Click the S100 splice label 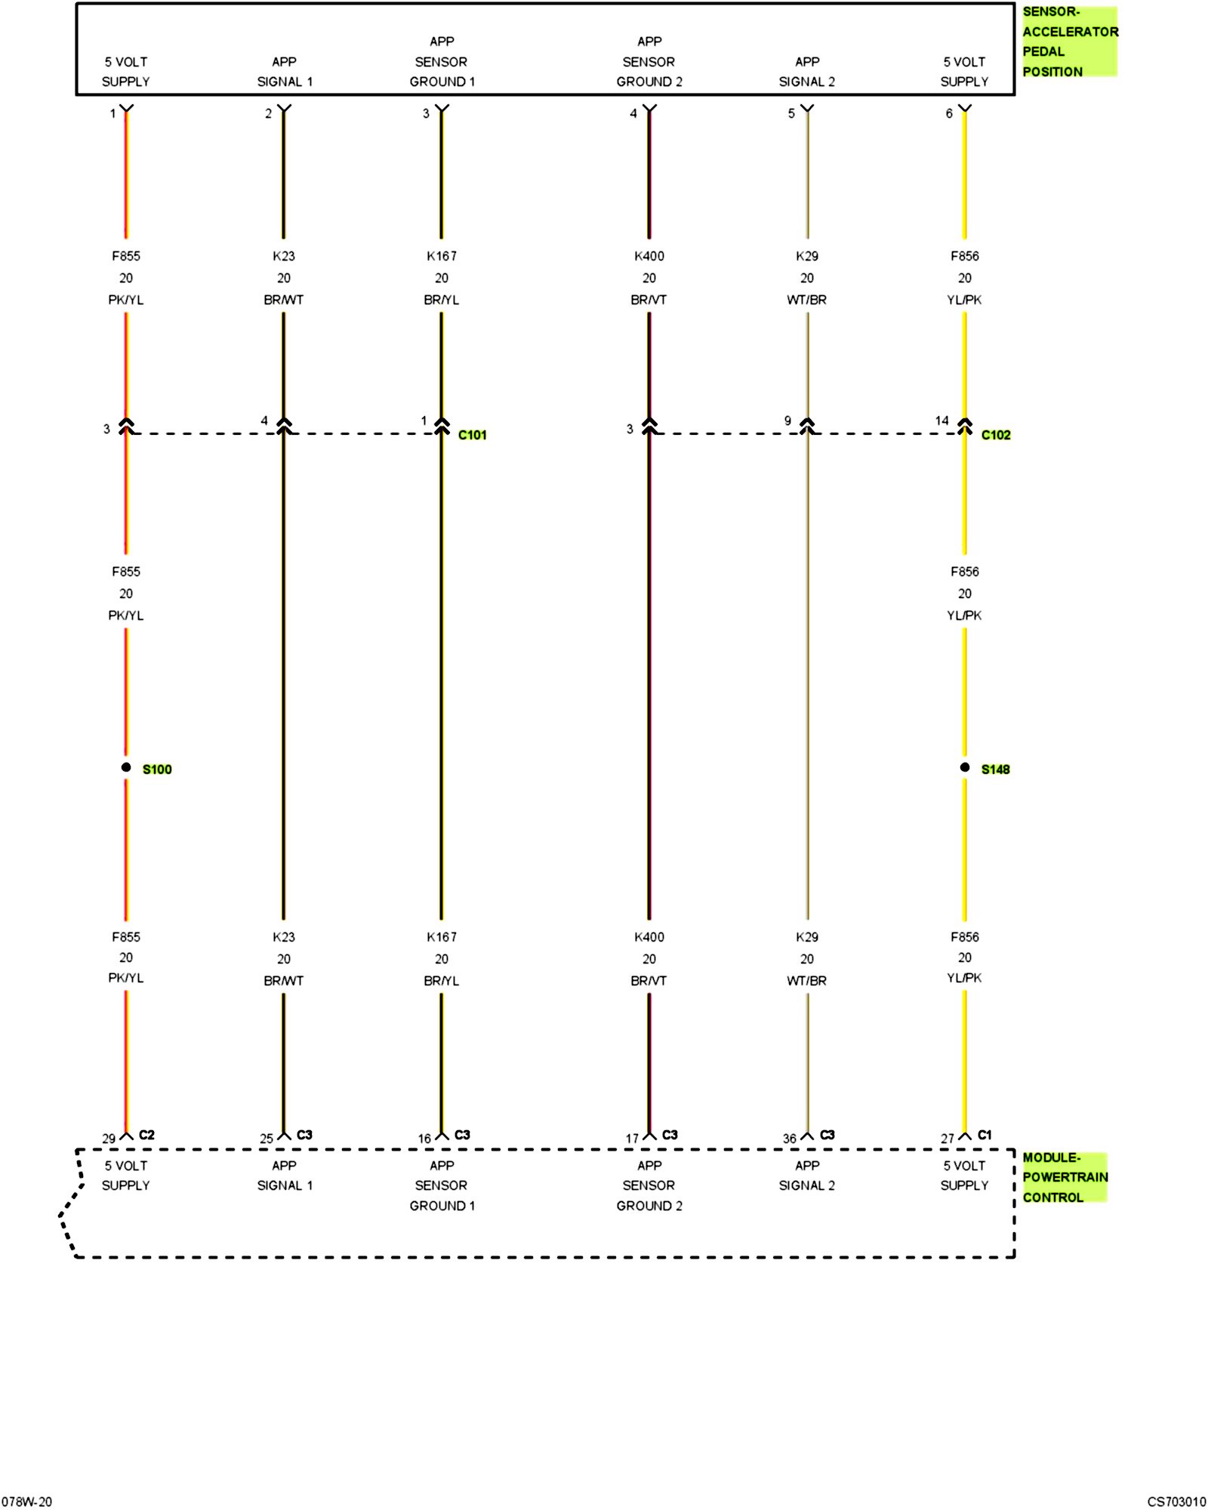[157, 769]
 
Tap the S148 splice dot [965, 767]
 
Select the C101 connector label [473, 435]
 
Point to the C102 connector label [996, 435]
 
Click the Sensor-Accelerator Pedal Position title [1069, 42]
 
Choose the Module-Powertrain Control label [1065, 1177]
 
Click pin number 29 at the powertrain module [109, 1139]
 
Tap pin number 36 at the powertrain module [790, 1139]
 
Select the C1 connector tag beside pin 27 [985, 1135]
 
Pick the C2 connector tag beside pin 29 [146, 1135]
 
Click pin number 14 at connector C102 [941, 421]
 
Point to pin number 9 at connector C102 [787, 421]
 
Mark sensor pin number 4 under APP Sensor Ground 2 [633, 113]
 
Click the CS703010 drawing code [1176, 1502]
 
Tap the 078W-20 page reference [27, 1502]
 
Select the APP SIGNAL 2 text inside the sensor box [807, 72]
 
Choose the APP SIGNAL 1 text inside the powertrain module [285, 1176]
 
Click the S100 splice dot [126, 767]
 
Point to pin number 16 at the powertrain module [424, 1139]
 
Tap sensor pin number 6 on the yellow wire [949, 113]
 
